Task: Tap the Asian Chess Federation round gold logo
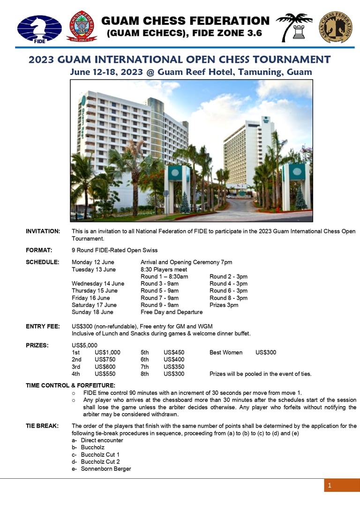(x=336, y=27)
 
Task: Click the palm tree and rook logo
(x=294, y=27)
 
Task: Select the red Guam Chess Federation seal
(x=82, y=27)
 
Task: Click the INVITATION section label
(x=43, y=231)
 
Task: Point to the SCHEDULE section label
(x=42, y=262)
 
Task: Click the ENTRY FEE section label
(x=43, y=327)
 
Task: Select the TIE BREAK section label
(x=42, y=426)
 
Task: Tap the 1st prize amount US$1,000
(x=107, y=352)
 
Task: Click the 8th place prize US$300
(x=174, y=374)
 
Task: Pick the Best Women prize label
(x=226, y=352)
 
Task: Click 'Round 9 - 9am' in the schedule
(x=159, y=305)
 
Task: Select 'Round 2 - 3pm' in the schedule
(x=228, y=277)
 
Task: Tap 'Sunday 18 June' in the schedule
(x=92, y=312)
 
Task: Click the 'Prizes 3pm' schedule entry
(x=224, y=305)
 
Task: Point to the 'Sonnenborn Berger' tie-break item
(x=105, y=469)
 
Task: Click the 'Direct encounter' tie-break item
(x=102, y=440)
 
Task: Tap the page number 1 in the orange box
(x=330, y=485)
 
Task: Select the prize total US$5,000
(x=84, y=345)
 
